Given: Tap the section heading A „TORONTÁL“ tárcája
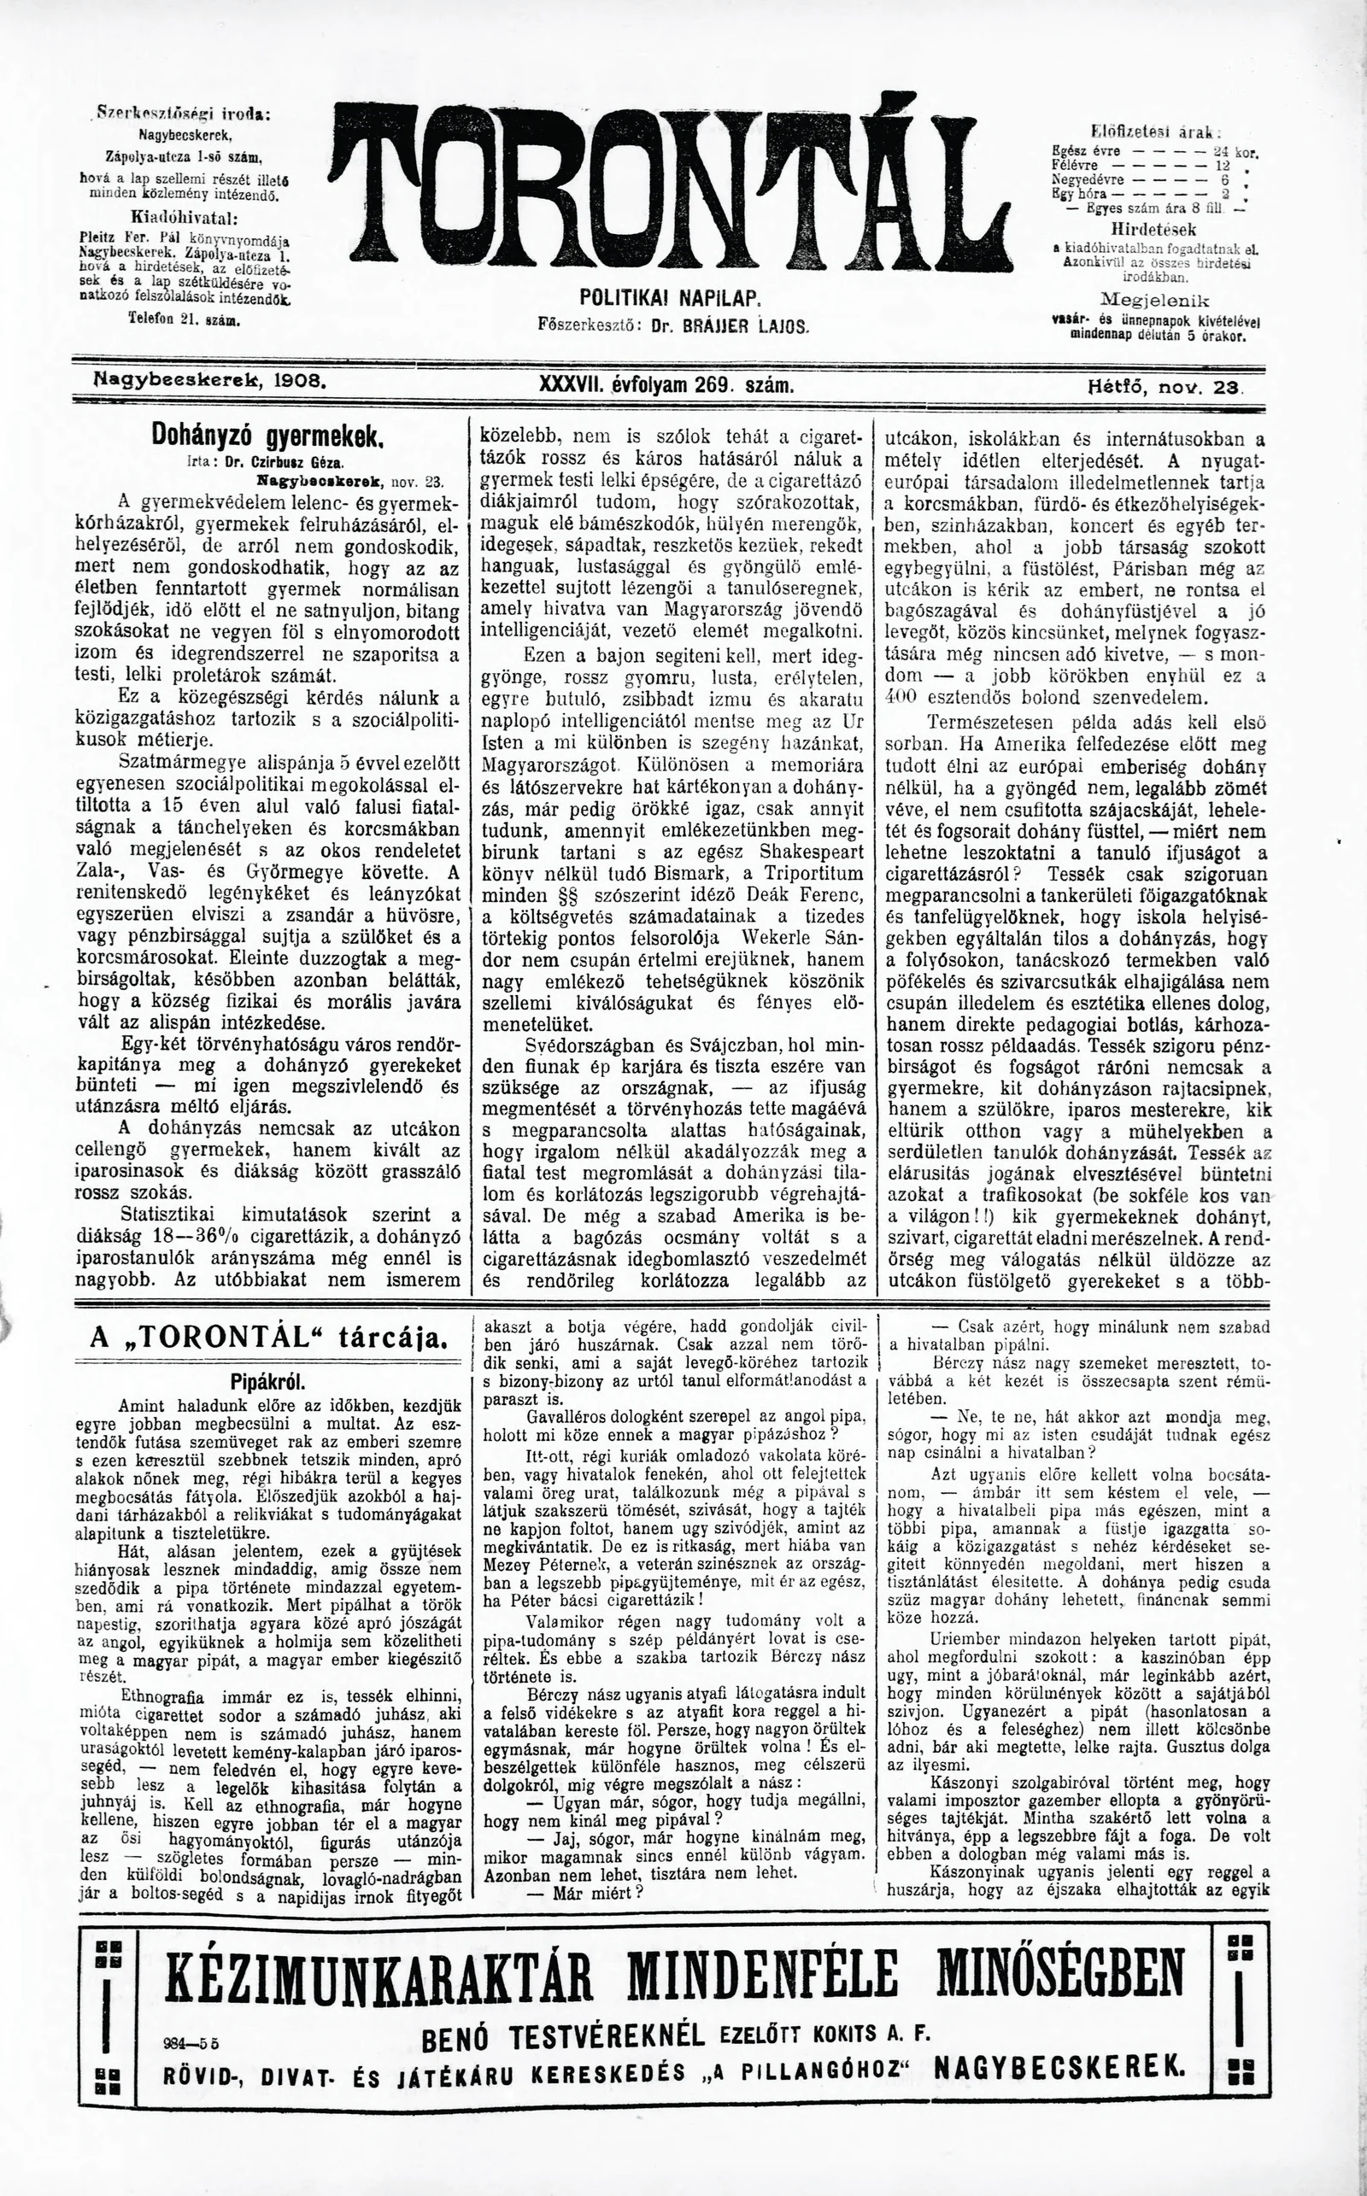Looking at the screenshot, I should click(269, 1338).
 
